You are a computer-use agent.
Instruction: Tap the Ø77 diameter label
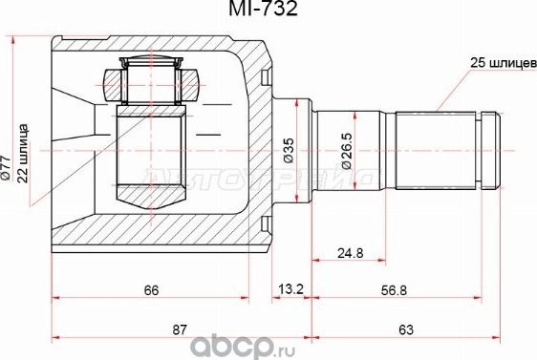tap(8, 169)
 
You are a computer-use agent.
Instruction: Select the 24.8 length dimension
tap(350, 255)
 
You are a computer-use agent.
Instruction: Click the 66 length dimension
tap(152, 289)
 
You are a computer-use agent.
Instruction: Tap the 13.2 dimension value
tap(286, 289)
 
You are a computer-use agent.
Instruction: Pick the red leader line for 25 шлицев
tap(455, 86)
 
